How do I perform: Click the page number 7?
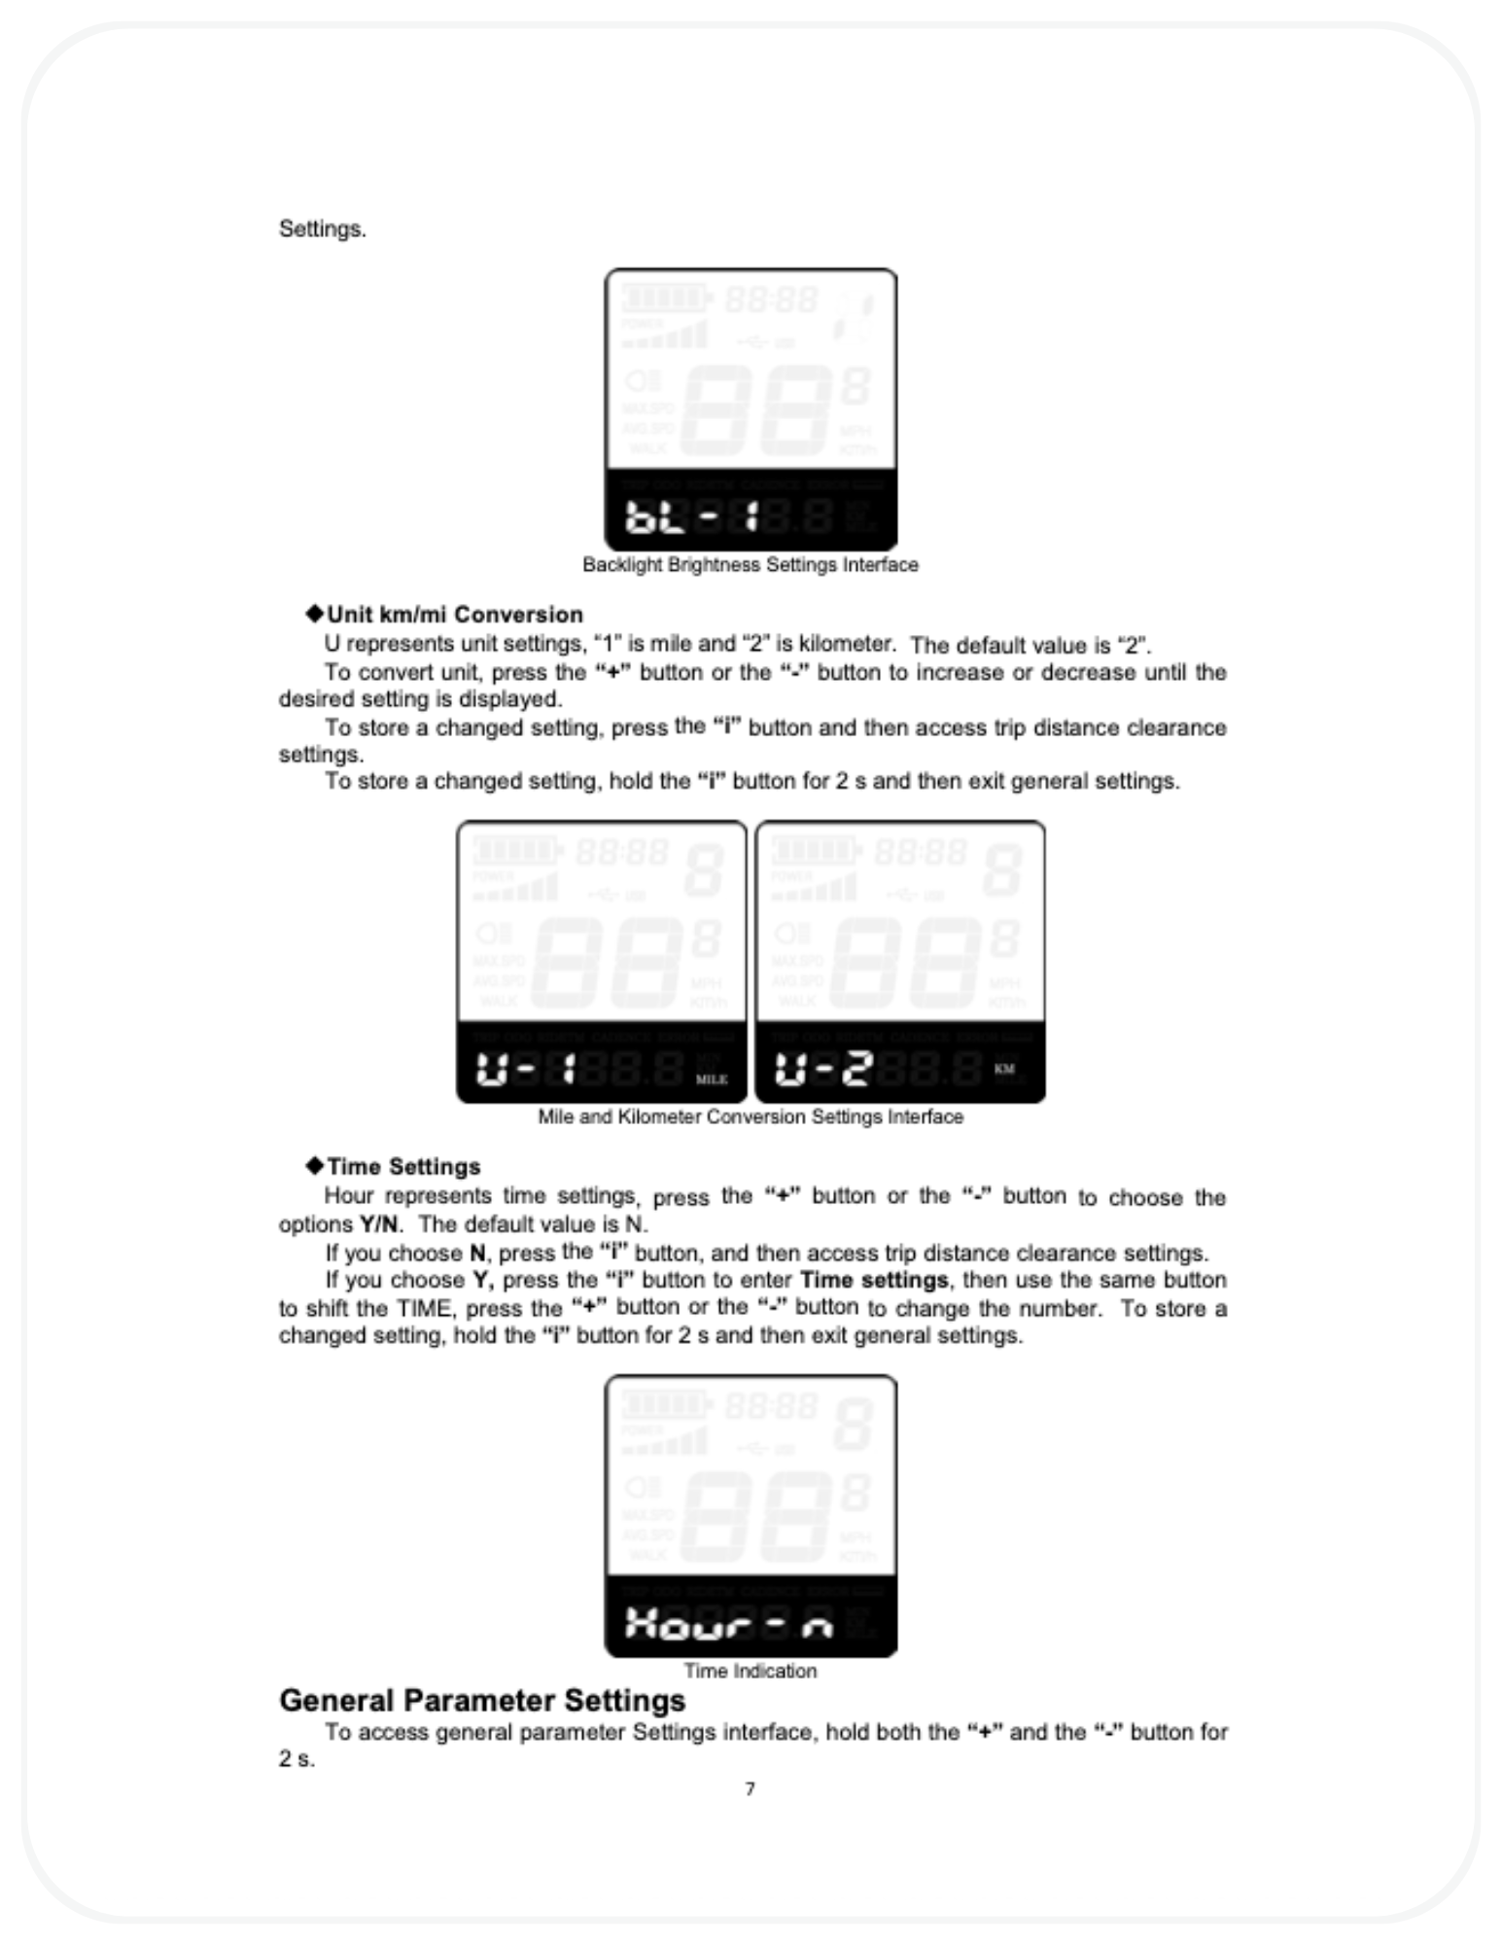(x=750, y=1788)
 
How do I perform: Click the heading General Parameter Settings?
(x=482, y=1700)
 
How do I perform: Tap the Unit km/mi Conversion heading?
(x=455, y=615)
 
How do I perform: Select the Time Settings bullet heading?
(x=403, y=1166)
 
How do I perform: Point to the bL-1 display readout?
(x=691, y=517)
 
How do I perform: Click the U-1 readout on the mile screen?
(x=526, y=1070)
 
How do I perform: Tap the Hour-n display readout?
(x=729, y=1623)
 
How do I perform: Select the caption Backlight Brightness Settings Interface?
(x=750, y=565)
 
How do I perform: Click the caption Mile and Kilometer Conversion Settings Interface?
(x=751, y=1116)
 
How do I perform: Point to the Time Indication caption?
(x=750, y=1671)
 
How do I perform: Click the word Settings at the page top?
(x=322, y=230)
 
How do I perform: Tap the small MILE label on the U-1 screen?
(x=712, y=1079)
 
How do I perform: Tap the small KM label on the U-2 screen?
(x=1004, y=1069)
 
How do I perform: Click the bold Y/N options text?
(x=378, y=1224)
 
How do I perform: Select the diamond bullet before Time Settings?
(x=314, y=1165)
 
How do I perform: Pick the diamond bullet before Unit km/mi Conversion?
(x=314, y=614)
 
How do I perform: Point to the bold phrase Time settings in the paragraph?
(x=873, y=1280)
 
